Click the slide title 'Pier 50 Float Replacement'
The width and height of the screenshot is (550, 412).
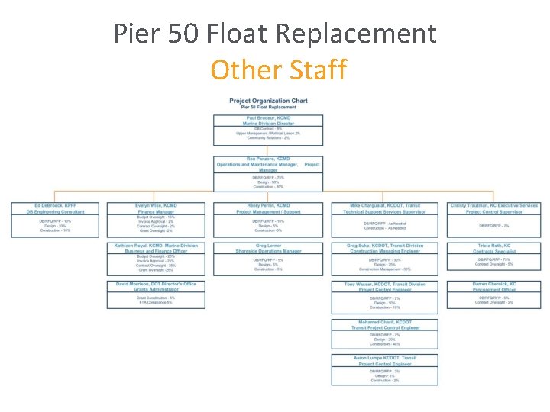point(275,34)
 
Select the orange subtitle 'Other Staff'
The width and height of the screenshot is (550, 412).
point(278,70)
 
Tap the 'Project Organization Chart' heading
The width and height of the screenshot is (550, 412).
point(268,101)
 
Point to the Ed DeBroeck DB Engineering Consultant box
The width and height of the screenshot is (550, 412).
point(54,219)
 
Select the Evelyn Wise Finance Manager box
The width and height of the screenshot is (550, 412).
point(156,219)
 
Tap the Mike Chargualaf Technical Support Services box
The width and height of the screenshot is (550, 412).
point(380,219)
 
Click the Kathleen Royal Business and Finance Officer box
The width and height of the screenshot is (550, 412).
point(156,258)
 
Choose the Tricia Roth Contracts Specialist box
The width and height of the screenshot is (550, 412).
point(493,256)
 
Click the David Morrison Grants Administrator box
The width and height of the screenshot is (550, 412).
point(156,294)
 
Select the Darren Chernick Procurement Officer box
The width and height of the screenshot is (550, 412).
point(493,294)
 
